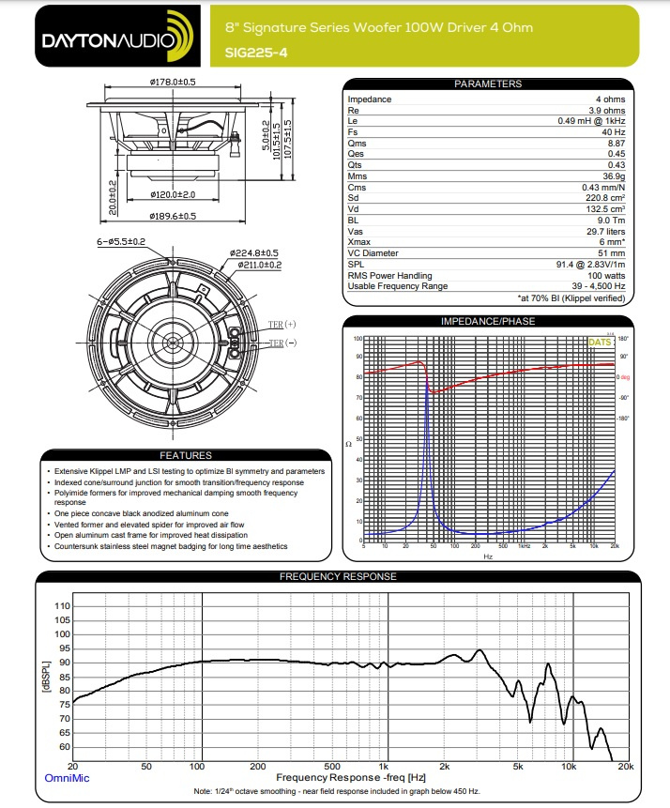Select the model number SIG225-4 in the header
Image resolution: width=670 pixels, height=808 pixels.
257,53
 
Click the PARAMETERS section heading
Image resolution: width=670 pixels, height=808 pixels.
487,84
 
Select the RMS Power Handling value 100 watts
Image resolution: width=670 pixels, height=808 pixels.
604,276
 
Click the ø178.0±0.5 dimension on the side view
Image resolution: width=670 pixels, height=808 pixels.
173,82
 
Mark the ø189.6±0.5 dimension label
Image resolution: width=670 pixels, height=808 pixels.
172,216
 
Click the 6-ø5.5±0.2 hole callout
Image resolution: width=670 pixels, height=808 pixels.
121,242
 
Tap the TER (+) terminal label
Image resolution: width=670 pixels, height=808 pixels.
281,324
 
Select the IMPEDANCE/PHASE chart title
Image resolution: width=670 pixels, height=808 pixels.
487,322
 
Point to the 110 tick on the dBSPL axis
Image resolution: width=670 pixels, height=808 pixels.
61,606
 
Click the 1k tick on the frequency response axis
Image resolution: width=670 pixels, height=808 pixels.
383,767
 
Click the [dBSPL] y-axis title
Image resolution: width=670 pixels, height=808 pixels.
43,677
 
